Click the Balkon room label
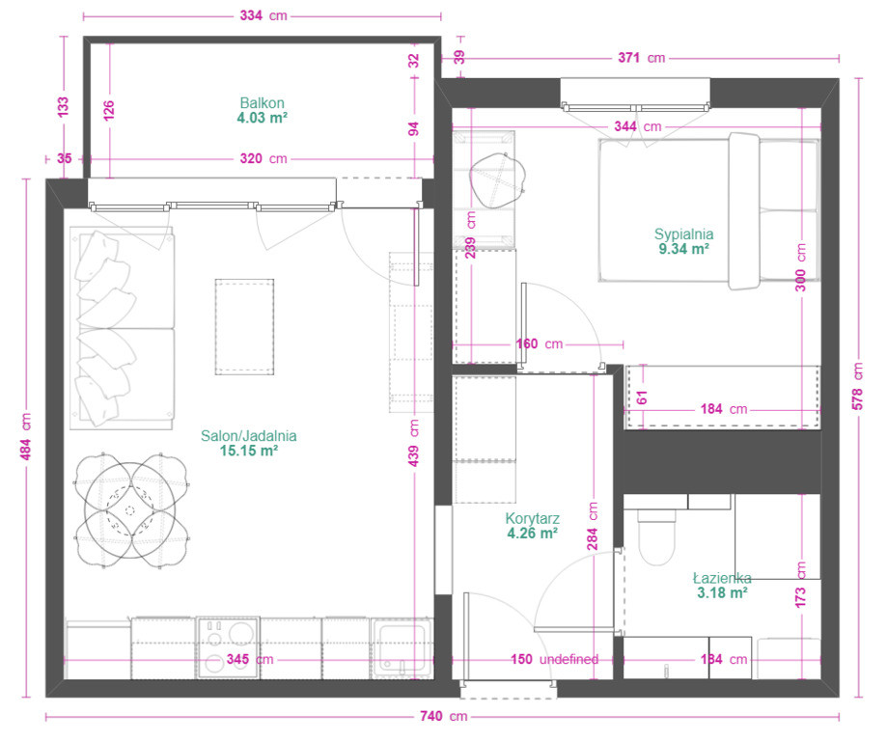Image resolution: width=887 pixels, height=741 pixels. pos(262,103)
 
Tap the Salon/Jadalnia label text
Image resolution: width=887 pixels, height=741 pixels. pos(248,435)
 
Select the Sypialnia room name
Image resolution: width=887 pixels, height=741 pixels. pos(683,234)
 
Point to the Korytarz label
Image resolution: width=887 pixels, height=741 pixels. pos(533,518)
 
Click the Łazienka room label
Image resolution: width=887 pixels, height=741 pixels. pos(722,578)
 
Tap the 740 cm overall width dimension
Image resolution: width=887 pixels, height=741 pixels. pos(444,716)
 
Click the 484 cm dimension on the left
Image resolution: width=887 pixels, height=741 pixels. pos(26,437)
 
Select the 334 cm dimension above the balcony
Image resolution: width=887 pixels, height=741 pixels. pos(263,15)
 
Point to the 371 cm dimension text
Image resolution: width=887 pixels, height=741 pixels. pos(641,58)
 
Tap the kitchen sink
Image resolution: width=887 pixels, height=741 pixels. pos(402,648)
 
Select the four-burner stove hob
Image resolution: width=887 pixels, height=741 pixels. pos(228,648)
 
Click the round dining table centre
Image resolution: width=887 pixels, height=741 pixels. pos(129,510)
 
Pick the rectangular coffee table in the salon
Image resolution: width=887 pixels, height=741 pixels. pos(244,326)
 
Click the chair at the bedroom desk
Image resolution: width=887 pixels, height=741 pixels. pos(498,180)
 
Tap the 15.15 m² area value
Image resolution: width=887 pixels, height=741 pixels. pos(248,451)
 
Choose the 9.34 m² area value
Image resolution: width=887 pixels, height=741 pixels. pos(683,249)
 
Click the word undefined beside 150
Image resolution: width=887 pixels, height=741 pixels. pos(568,659)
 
